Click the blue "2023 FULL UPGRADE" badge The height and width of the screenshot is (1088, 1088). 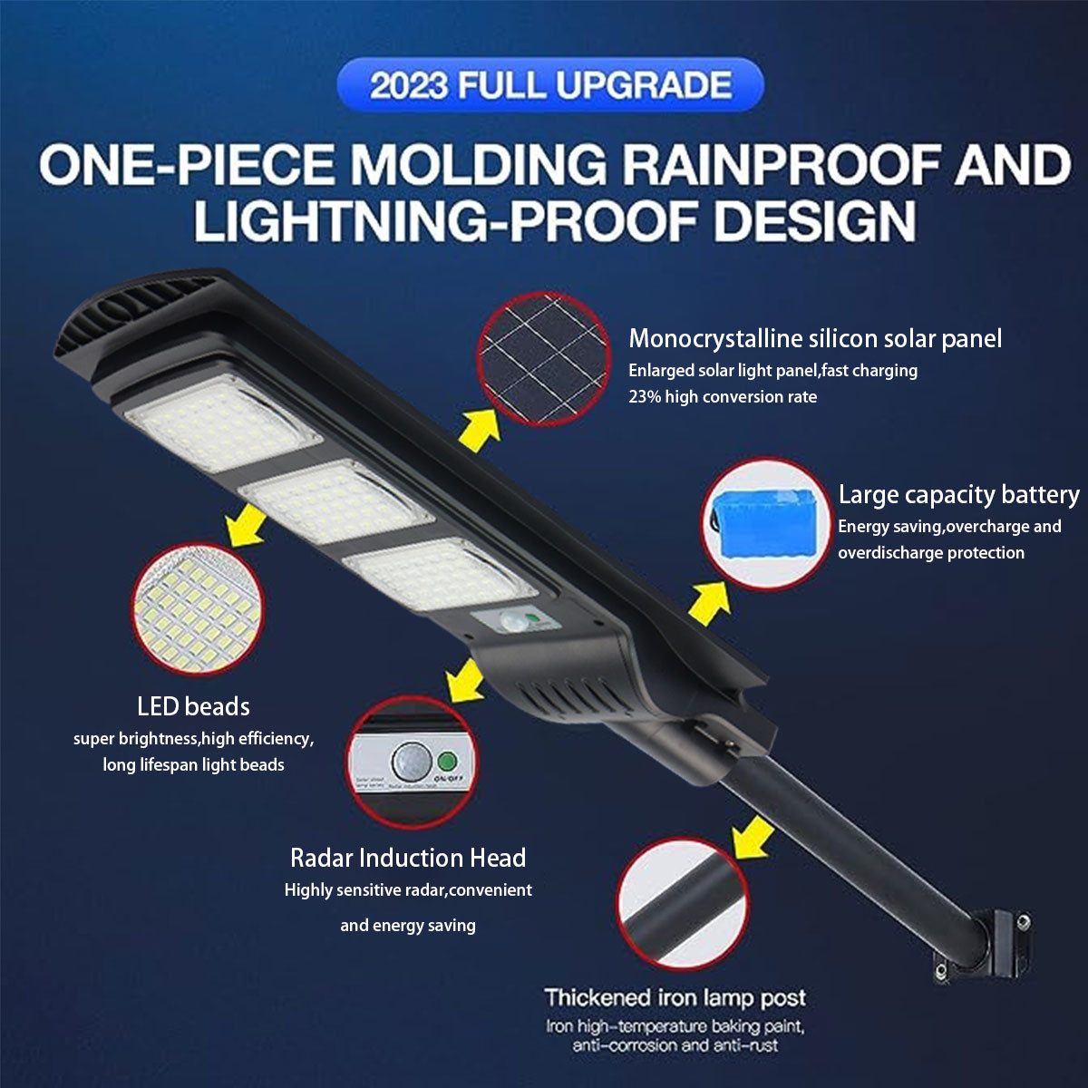point(550,85)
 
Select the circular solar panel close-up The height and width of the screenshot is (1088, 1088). point(545,359)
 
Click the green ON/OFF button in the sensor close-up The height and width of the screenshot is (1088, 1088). point(445,760)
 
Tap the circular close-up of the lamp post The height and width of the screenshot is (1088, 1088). point(682,904)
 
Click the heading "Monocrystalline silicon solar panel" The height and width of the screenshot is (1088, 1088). point(815,339)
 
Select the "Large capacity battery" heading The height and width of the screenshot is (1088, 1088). point(958,495)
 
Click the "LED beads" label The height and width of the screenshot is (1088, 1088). point(193,706)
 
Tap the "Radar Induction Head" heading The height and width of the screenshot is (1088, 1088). point(408,858)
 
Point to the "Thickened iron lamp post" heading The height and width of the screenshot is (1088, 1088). point(675,998)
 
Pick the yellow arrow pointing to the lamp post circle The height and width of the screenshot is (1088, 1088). point(752,835)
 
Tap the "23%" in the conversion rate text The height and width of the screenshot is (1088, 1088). point(645,397)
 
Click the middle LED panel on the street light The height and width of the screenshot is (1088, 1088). point(336,501)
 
